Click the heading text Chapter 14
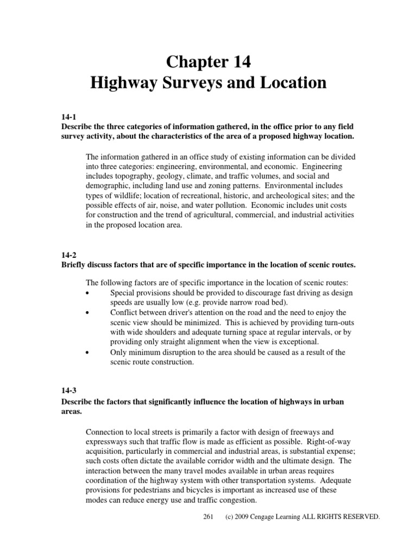click(208, 62)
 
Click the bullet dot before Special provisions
click(89, 293)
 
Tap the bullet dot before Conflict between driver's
click(89, 313)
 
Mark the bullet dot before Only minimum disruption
click(89, 352)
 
